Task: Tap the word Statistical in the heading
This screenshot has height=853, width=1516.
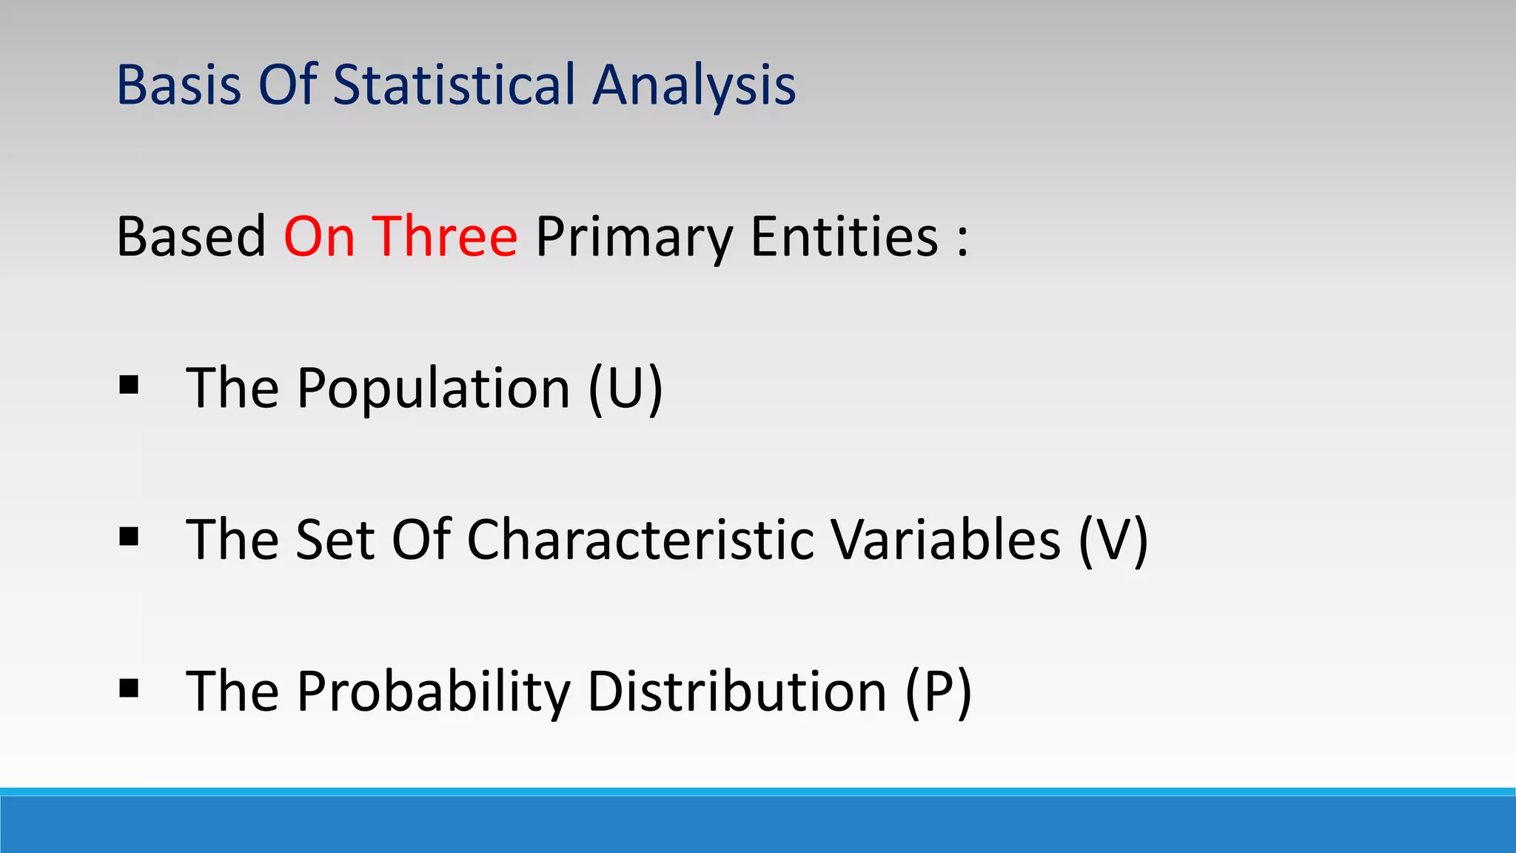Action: (x=454, y=85)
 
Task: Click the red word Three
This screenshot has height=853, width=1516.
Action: (x=444, y=237)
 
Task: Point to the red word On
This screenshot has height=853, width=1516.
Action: (x=319, y=237)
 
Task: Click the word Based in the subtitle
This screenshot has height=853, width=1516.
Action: (x=191, y=237)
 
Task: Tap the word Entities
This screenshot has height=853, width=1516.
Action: (x=845, y=237)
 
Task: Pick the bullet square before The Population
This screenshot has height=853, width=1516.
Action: (x=129, y=385)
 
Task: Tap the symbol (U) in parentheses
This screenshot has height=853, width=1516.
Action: (x=625, y=389)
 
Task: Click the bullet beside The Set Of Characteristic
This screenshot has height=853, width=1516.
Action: (x=129, y=536)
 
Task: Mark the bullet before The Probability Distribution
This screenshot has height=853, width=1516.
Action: (x=129, y=688)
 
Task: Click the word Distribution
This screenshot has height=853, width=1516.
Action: (x=737, y=691)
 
